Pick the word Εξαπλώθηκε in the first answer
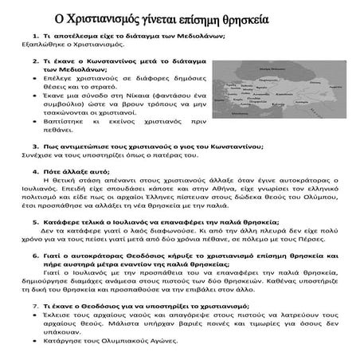(x=22, y=46)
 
